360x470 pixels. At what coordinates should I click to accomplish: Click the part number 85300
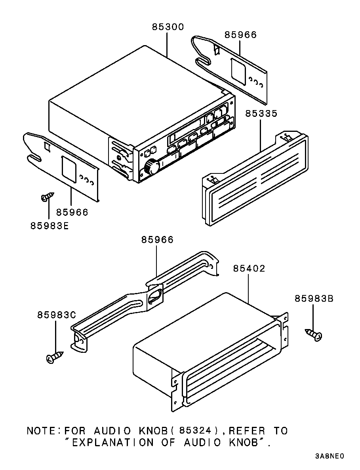[168, 27]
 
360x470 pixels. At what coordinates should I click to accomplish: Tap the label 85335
[261, 114]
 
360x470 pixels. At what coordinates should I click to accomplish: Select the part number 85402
[249, 268]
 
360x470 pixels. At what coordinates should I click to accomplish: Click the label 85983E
[50, 225]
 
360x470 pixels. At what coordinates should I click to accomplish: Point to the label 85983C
[57, 315]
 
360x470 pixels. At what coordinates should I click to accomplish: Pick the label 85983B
[314, 299]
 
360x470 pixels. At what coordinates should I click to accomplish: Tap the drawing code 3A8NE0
[329, 456]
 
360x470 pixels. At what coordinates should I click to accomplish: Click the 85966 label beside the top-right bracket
[241, 35]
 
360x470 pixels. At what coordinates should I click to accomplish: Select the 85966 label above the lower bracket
[157, 240]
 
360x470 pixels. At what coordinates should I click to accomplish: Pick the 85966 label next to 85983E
[72, 212]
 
